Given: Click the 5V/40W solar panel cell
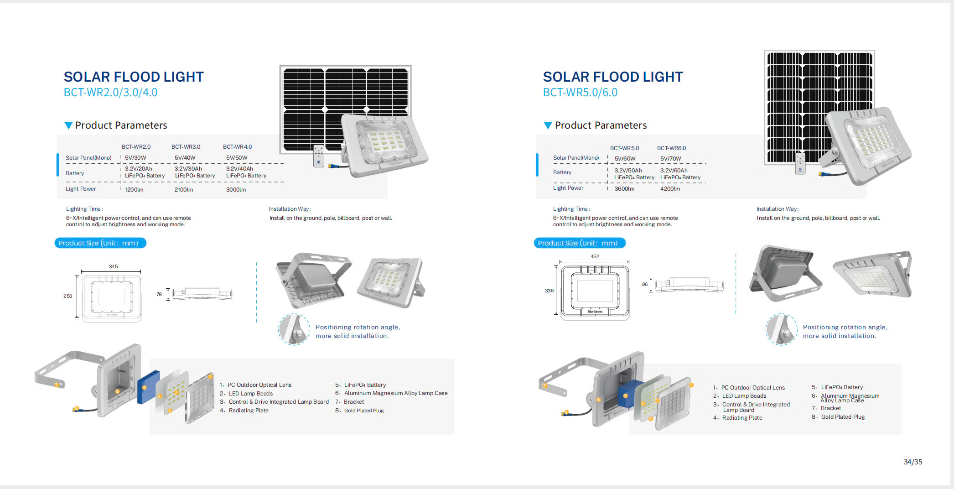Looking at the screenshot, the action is click(185, 158).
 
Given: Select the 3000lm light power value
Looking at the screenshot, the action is click(236, 190).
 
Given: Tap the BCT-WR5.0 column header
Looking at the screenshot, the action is click(624, 148).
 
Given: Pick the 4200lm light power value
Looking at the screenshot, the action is click(670, 189).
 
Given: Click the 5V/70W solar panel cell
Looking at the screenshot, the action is click(670, 159).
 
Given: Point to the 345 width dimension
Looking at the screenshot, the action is click(114, 266).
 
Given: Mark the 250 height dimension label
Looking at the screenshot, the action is click(67, 296).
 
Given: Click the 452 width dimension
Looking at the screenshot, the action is click(595, 256).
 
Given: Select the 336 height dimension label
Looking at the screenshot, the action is click(549, 291).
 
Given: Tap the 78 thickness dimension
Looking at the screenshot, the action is click(159, 294).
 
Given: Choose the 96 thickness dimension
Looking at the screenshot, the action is click(645, 284).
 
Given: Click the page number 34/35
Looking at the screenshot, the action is click(913, 462).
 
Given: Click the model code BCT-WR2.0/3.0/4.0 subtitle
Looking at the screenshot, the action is click(110, 92).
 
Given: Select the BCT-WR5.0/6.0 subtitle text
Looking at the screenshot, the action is click(580, 92).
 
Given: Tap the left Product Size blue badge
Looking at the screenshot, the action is click(100, 243).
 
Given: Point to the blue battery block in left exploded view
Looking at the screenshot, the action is click(149, 387).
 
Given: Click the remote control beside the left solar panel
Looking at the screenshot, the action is click(319, 156).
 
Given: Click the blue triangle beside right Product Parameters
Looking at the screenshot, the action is click(548, 125).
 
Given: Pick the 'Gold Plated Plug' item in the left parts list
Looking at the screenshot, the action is click(364, 411).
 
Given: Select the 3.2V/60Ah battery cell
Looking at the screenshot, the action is click(674, 171).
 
